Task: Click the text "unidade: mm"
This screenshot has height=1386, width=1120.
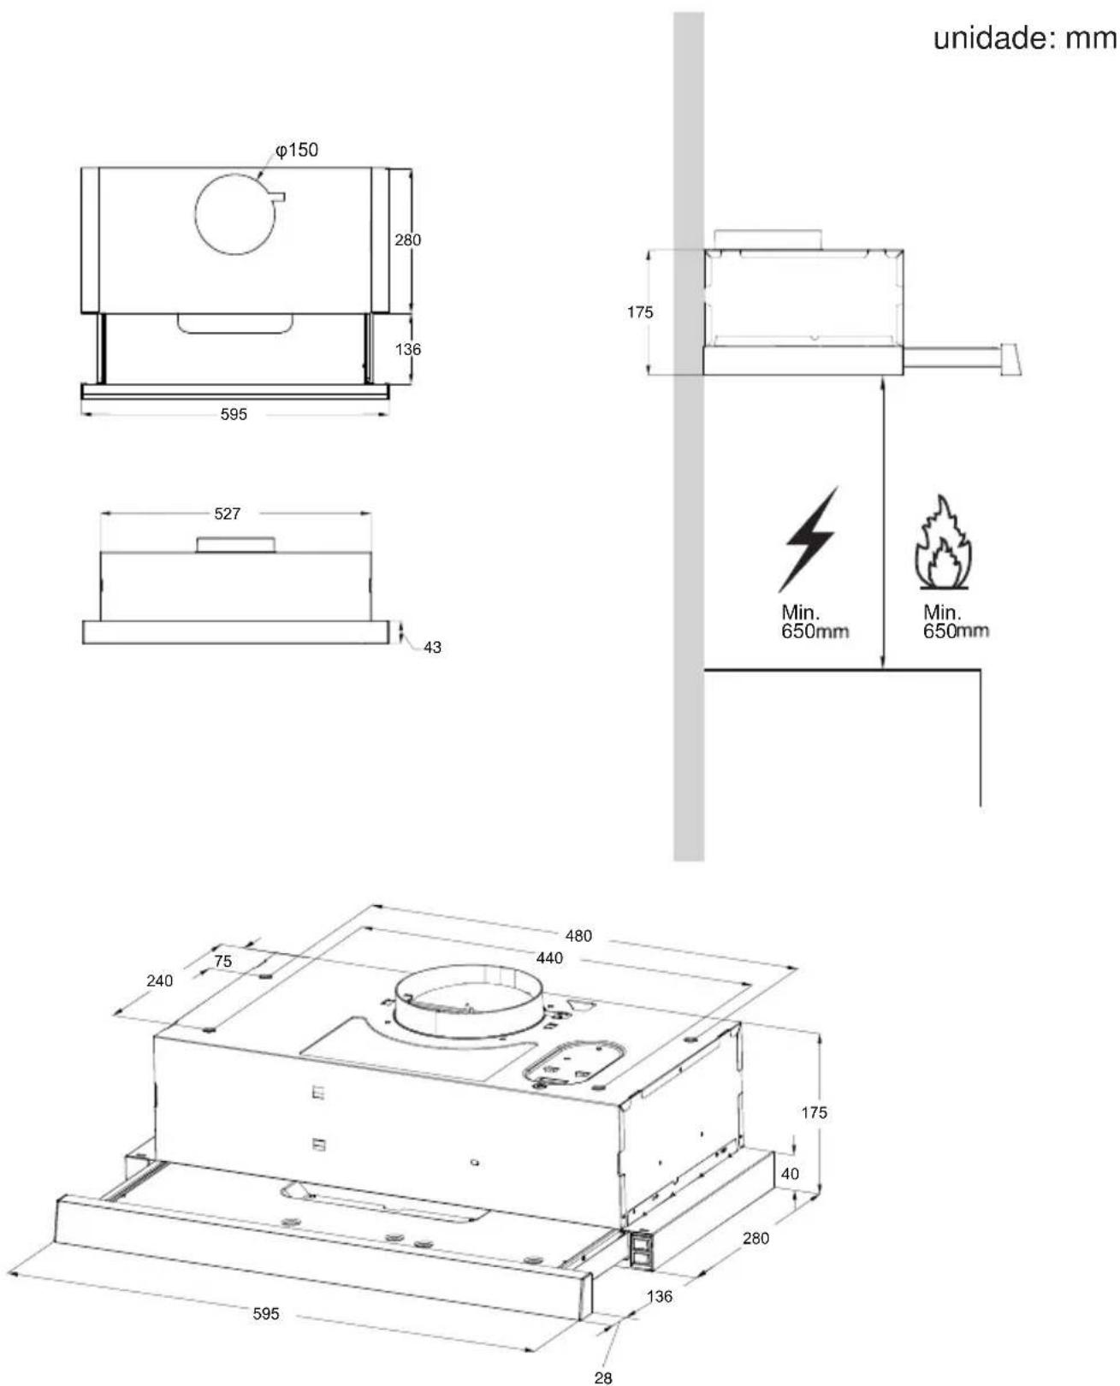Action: coord(1025,38)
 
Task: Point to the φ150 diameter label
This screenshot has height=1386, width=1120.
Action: coord(297,151)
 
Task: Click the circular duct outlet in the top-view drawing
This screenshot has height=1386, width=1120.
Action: coord(235,213)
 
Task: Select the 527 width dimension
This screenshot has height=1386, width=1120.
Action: coord(227,514)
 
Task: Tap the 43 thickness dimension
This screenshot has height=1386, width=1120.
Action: coord(432,648)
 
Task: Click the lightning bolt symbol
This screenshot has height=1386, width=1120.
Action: coord(809,539)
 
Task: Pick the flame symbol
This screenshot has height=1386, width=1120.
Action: coord(944,542)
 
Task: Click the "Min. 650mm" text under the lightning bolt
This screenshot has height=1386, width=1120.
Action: coord(815,621)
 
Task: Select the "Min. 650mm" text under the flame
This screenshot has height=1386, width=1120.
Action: coord(956,621)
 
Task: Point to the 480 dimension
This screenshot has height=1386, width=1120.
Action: coord(578,936)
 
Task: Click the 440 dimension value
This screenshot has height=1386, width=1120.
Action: coord(549,958)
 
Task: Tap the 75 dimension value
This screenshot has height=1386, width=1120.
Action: coord(222,961)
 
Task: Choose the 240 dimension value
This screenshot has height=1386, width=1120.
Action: coord(159,980)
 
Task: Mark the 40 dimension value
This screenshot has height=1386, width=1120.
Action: coord(790,1174)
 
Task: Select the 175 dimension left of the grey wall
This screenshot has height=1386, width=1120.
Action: coord(640,312)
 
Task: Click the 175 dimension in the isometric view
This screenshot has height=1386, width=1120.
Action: coord(815,1113)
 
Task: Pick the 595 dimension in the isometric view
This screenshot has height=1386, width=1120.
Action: coord(265,1314)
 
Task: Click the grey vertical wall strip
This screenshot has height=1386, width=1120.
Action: coord(689,436)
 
